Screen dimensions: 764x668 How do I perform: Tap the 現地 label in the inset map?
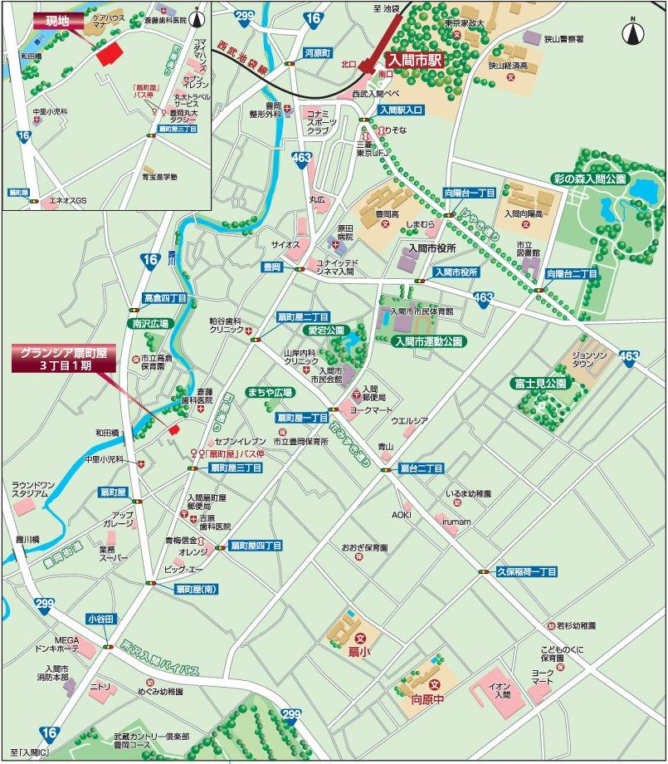(58, 19)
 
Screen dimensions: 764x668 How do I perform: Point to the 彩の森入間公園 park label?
(591, 179)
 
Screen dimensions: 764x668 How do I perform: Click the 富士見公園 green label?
(538, 384)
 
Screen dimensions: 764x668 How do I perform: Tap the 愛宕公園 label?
(326, 330)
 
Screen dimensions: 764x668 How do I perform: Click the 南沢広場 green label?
(149, 323)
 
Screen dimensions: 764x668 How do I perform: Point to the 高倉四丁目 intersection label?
(164, 297)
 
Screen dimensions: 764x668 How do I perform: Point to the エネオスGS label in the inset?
(68, 200)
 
